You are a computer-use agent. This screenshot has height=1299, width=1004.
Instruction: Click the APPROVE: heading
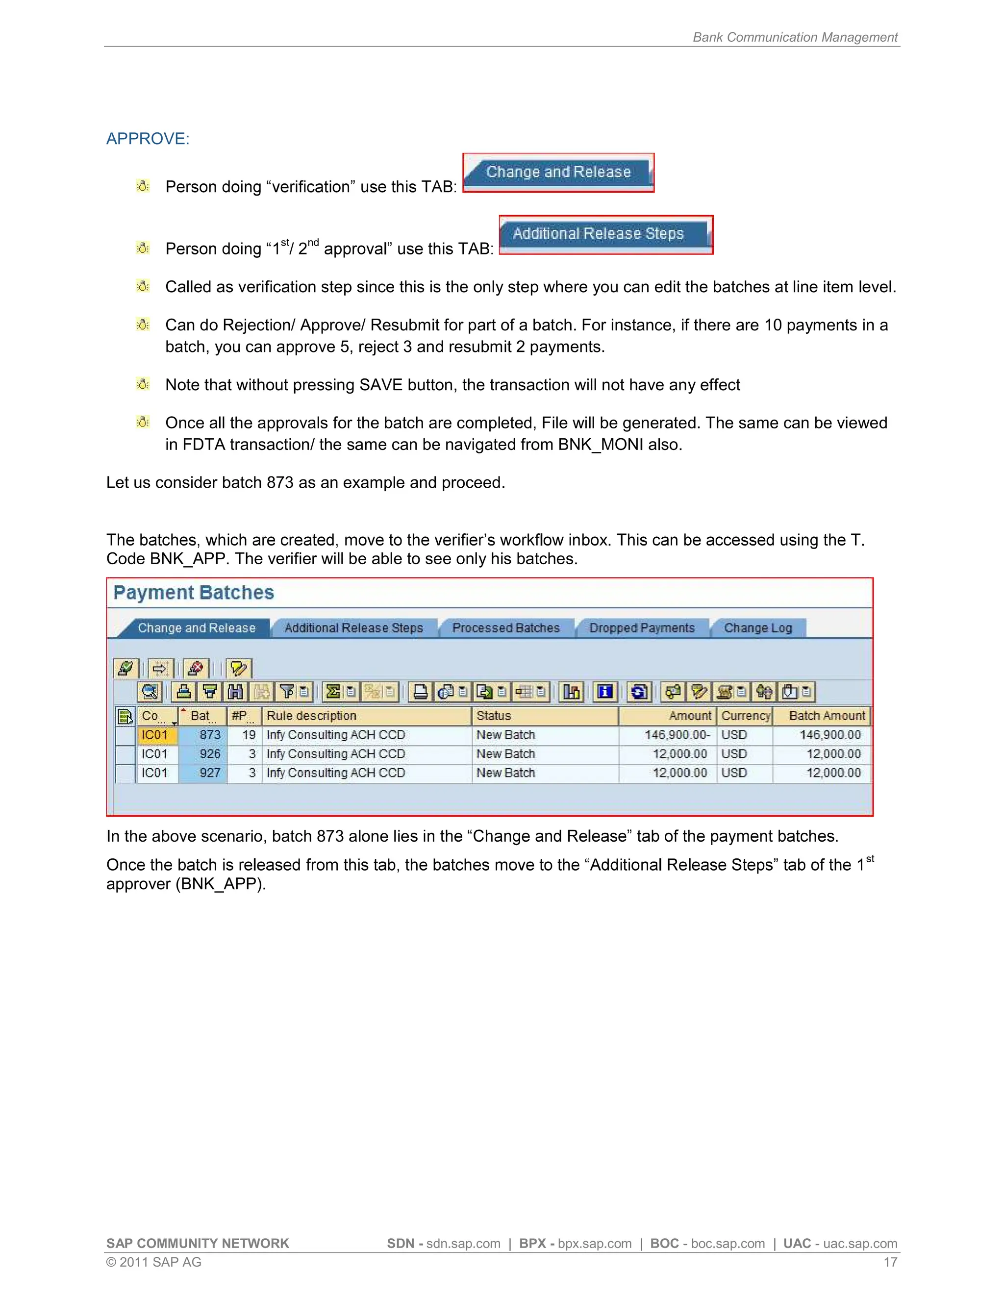148,139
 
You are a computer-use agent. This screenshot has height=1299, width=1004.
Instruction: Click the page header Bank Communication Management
795,37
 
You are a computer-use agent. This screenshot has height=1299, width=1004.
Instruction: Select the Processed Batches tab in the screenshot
505,628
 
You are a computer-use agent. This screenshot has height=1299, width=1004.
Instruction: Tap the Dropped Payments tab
641,628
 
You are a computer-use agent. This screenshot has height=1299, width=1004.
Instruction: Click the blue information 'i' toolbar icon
605,692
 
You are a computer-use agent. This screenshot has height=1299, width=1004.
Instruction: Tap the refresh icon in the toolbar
639,692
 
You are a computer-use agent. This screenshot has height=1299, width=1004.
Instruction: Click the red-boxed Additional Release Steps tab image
605,234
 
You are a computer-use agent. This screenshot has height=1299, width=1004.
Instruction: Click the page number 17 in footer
890,1262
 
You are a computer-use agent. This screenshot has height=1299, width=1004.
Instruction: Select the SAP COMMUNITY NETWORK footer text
198,1244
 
